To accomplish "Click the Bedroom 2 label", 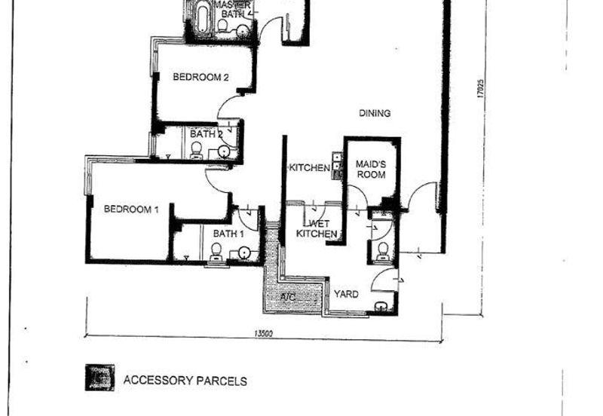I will [200, 76].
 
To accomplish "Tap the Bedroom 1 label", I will [131, 209].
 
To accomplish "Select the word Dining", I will [375, 114].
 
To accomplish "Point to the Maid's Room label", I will [370, 169].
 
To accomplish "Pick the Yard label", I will [347, 294].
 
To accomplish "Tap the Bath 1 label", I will [228, 234].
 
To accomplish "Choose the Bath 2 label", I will [206, 133].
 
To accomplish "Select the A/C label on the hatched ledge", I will [287, 298].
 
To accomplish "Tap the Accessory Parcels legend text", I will [185, 381].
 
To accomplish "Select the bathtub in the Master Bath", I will [202, 19].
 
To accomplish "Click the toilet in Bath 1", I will [216, 251].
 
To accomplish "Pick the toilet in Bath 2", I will [197, 151].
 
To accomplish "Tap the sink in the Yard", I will [381, 307].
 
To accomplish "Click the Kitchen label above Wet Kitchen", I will [309, 167].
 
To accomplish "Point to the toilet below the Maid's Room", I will [382, 250].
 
